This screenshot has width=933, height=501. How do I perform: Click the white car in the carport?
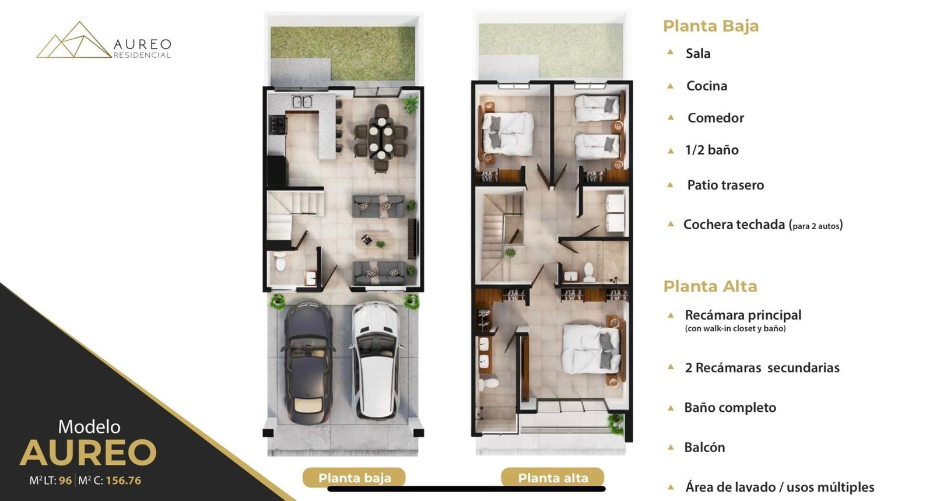(377, 360)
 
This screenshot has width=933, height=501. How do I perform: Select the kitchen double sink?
(303, 101)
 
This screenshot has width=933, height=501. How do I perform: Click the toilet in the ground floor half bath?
(280, 261)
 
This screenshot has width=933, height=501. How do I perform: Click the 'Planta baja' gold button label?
(355, 478)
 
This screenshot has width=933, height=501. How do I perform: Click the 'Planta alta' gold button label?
(553, 478)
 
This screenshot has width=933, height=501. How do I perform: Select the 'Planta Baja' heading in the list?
(711, 26)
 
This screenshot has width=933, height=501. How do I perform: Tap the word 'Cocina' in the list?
(706, 86)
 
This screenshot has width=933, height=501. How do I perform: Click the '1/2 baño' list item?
(712, 150)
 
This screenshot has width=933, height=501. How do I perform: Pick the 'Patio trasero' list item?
(725, 185)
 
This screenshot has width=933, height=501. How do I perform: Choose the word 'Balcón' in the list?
(704, 447)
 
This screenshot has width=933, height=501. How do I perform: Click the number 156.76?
(123, 481)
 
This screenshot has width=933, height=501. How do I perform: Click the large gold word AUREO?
(88, 453)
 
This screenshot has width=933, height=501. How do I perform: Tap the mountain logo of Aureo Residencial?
(73, 40)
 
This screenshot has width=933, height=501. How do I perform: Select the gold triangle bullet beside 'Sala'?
(670, 52)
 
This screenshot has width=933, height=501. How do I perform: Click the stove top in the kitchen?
(278, 125)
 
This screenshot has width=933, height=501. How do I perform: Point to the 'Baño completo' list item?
(730, 407)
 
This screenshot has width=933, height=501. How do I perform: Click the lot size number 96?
(65, 481)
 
